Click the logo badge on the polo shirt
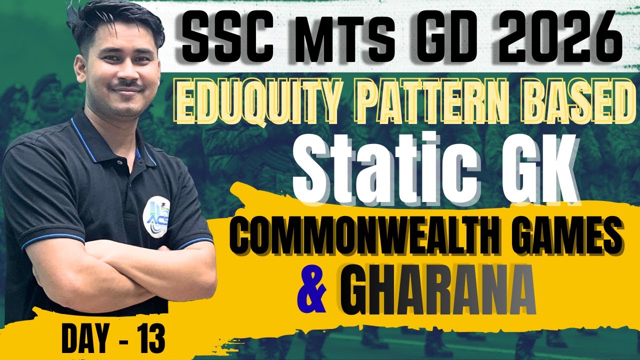(x=156, y=214)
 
